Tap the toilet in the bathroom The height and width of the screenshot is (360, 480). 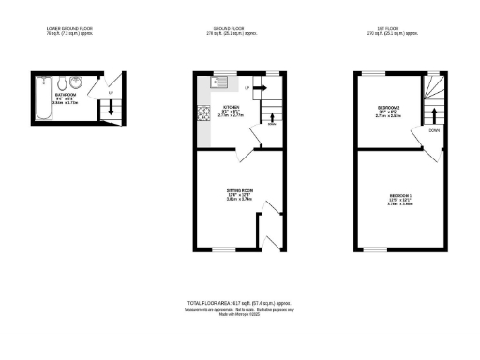[63, 83]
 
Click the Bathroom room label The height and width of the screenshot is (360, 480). [67, 96]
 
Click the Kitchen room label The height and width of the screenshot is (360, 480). [231, 108]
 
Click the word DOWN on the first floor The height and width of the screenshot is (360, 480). [434, 131]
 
